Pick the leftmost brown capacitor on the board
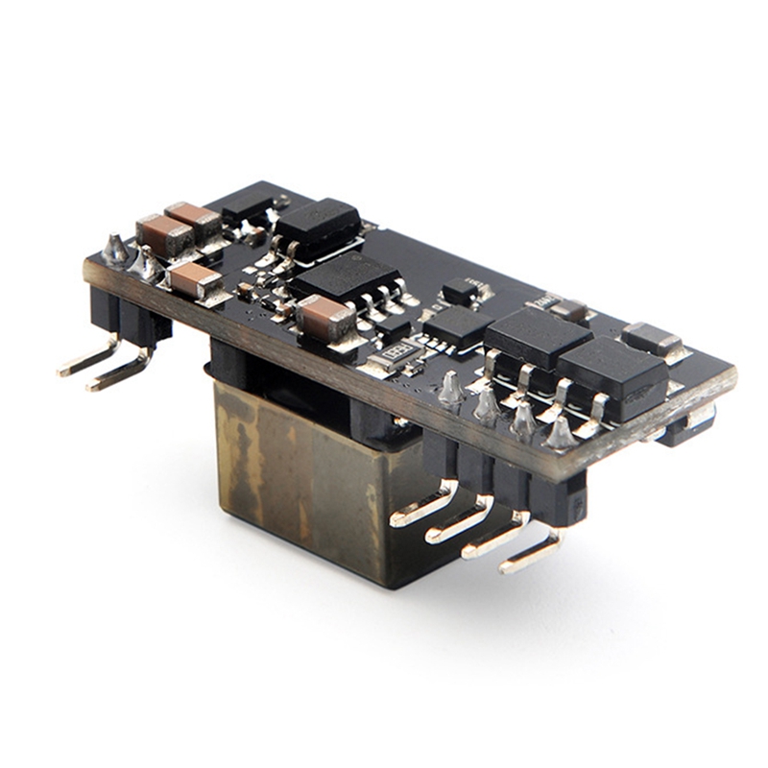(164, 234)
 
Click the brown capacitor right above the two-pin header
(195, 280)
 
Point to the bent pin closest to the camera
(529, 555)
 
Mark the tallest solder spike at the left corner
(116, 249)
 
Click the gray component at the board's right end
(653, 338)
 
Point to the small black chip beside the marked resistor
(457, 326)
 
